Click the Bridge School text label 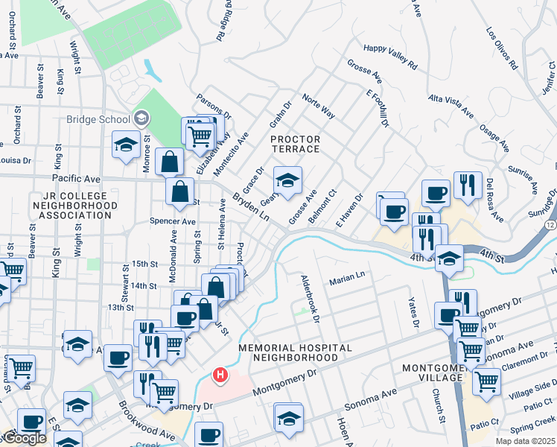98,119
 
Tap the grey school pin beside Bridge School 141,118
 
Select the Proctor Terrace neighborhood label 295,145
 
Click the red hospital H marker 220,375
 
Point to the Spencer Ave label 172,221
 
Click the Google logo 24,438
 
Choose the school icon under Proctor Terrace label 287,180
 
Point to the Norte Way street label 318,105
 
